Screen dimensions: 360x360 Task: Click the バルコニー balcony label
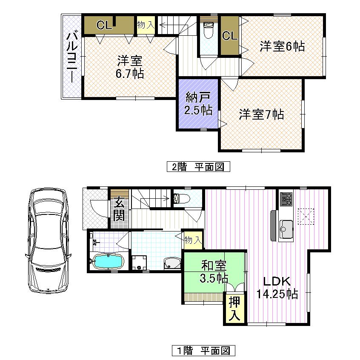pyautogui.click(x=72, y=57)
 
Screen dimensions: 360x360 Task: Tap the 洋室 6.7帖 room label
pyautogui.click(x=129, y=67)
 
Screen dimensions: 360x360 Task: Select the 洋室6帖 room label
pyautogui.click(x=282, y=46)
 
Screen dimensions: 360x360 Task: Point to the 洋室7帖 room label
pyautogui.click(x=261, y=114)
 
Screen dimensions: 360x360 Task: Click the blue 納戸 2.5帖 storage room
pyautogui.click(x=198, y=104)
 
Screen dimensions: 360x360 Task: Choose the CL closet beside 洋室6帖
pyautogui.click(x=229, y=36)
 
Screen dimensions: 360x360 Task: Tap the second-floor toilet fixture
pyautogui.click(x=209, y=30)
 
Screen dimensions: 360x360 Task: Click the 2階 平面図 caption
pyautogui.click(x=198, y=166)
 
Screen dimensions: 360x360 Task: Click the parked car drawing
pyautogui.click(x=48, y=241)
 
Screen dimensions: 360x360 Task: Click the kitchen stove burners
pyautogui.click(x=286, y=198)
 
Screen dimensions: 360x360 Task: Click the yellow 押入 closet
pyautogui.click(x=234, y=309)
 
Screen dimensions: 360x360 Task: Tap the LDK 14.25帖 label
pyautogui.click(x=277, y=287)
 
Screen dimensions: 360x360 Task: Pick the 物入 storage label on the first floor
pyautogui.click(x=192, y=240)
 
